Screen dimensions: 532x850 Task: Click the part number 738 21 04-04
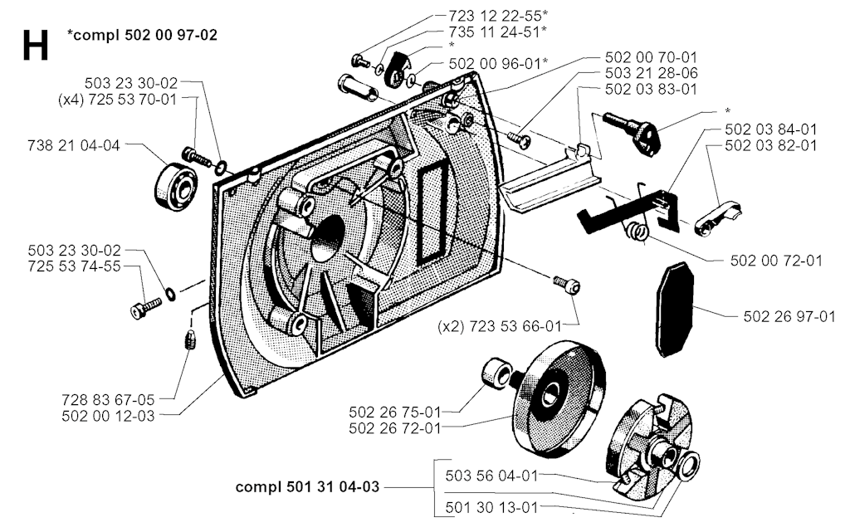(72, 145)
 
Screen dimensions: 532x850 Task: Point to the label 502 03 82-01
(770, 145)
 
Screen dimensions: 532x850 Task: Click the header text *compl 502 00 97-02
(143, 36)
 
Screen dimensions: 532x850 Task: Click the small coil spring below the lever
(636, 232)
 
